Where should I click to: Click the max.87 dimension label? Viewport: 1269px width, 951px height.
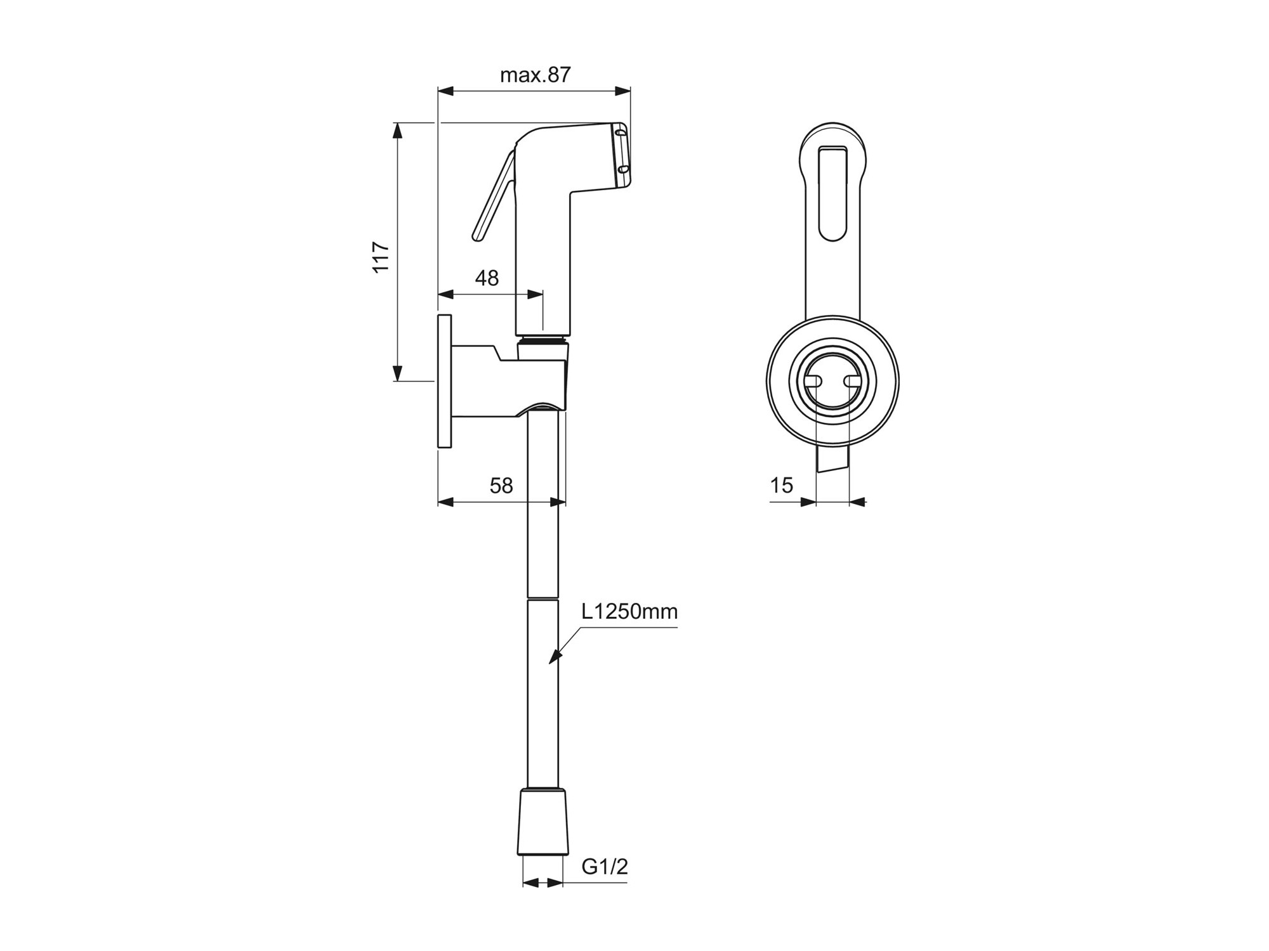[536, 75]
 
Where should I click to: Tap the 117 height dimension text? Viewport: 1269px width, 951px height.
[381, 257]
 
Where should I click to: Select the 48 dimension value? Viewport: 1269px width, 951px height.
[487, 278]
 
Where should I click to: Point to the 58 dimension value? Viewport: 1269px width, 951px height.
[501, 486]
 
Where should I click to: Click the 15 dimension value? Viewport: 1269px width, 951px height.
[782, 485]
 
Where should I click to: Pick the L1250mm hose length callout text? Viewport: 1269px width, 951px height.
[629, 611]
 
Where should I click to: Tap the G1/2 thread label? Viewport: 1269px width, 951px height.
[605, 866]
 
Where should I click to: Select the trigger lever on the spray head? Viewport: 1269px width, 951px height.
[494, 197]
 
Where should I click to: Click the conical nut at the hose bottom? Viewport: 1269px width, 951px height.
[542, 822]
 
